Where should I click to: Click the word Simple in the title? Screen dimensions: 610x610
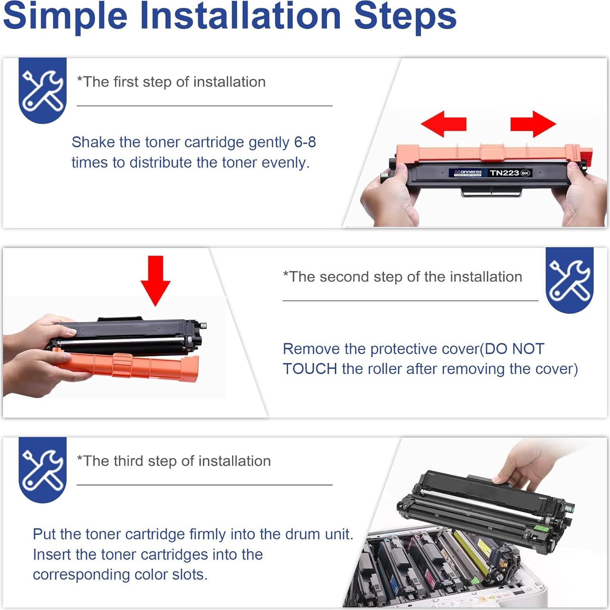click(x=65, y=16)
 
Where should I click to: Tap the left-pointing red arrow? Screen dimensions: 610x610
click(x=444, y=123)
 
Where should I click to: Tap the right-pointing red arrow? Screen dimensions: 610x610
click(x=533, y=123)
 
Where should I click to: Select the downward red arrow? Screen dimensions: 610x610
click(x=155, y=281)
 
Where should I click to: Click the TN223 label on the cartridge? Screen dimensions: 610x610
click(x=504, y=173)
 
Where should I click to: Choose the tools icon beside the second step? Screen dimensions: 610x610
click(x=570, y=280)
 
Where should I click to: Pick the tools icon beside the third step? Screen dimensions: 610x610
click(x=42, y=470)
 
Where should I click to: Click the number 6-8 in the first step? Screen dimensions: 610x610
click(x=305, y=142)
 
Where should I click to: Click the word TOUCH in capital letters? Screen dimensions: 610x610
click(x=310, y=369)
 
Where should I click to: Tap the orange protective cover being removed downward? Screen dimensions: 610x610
click(x=127, y=365)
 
